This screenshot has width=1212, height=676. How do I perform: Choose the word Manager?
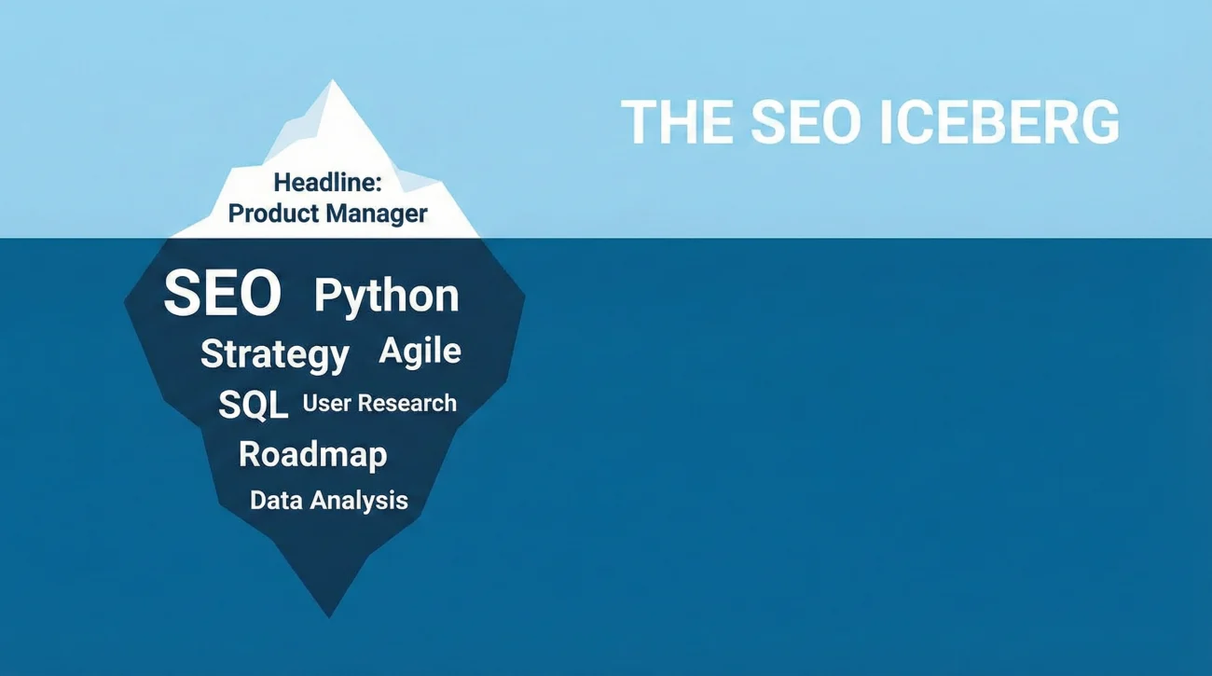(x=378, y=214)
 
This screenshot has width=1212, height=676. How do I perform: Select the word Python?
(x=386, y=296)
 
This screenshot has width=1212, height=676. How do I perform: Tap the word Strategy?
(x=274, y=354)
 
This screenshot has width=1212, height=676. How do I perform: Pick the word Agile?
(x=420, y=351)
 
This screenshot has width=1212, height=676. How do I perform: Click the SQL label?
(x=253, y=405)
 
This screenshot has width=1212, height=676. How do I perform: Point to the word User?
(x=325, y=404)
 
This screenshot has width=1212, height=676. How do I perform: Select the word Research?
(x=407, y=404)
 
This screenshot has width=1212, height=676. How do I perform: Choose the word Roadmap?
(x=312, y=454)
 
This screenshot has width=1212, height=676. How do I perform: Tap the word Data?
(x=276, y=500)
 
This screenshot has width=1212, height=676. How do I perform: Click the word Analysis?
(x=359, y=500)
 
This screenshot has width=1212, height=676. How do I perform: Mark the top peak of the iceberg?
(x=332, y=81)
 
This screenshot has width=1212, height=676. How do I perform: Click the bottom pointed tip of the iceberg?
(x=328, y=615)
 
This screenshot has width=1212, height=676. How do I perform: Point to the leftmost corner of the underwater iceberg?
(x=126, y=301)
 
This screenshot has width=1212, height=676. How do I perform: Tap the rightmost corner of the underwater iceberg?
(x=524, y=298)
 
